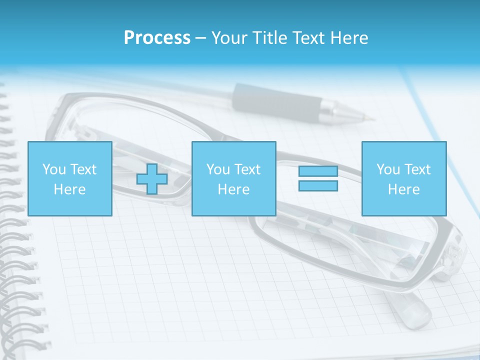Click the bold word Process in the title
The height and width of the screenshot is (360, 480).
[157, 38]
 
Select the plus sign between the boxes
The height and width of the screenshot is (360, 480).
[152, 179]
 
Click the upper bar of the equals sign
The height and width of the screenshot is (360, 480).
[318, 171]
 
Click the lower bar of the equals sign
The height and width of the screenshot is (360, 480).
[318, 186]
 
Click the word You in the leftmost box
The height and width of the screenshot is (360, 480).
[54, 169]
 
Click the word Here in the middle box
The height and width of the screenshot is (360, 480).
[234, 189]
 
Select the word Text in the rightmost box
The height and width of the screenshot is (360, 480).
[417, 169]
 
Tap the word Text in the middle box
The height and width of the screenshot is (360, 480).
[247, 169]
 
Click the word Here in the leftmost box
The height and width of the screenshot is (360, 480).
[70, 189]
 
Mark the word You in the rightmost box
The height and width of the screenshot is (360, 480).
[388, 169]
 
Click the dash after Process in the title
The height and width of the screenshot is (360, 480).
[200, 38]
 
